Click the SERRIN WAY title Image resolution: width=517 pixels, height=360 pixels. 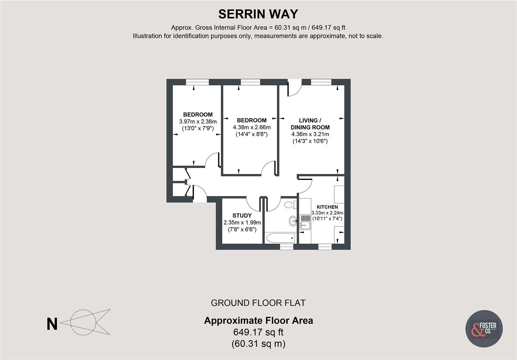point(258,14)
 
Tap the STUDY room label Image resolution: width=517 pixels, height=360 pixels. point(242,216)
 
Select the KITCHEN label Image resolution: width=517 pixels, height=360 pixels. point(327,207)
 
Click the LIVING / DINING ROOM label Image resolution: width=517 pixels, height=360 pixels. point(310,124)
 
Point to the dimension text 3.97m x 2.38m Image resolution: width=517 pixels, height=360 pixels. point(198,121)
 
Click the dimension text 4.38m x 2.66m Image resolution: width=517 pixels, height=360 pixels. point(251,127)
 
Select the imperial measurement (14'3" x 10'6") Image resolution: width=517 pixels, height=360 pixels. point(310,141)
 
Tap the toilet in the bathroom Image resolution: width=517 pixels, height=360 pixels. point(290,204)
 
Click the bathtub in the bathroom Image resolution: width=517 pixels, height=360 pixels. point(280,238)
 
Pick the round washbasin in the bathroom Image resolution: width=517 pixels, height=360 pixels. point(293,220)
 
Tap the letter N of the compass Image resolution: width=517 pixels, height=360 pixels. point(52,324)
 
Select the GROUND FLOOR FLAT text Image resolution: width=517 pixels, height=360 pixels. point(258,303)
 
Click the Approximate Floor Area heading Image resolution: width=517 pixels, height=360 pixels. point(258,321)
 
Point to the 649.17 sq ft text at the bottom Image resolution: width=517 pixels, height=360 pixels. point(258,332)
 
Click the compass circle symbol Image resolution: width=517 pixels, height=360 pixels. point(83,322)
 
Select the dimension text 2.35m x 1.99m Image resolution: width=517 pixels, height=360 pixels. point(242,223)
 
